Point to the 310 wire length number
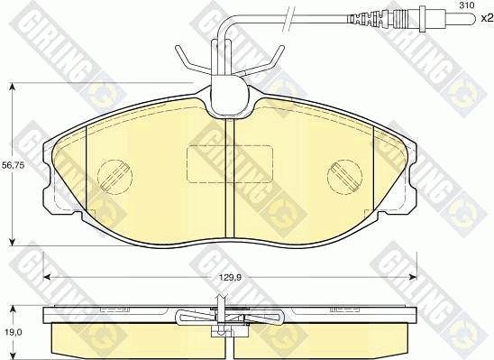pos(466,7)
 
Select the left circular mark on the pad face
pos(114,172)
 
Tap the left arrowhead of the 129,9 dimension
pos(46,275)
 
